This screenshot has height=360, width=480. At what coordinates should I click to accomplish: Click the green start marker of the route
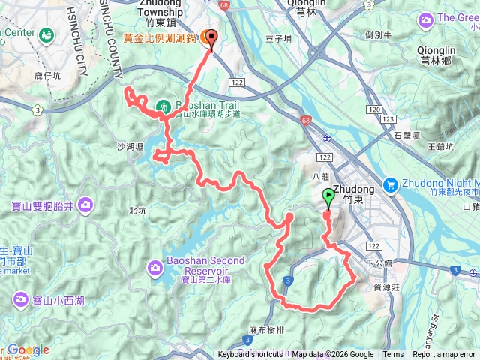coord(328,198)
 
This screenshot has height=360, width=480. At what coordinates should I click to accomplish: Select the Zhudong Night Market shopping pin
coord(390,184)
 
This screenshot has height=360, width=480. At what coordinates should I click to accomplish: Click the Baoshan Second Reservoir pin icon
coord(155,266)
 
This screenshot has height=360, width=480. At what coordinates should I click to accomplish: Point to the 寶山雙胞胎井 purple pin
coord(85,204)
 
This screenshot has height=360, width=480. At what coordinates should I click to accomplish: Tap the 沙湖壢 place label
coord(130,148)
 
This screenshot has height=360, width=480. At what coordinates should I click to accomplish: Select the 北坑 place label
coord(137,211)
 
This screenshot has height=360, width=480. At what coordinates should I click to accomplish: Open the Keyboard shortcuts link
coord(251,355)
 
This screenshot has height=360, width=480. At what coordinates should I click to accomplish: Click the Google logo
coord(28,349)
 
